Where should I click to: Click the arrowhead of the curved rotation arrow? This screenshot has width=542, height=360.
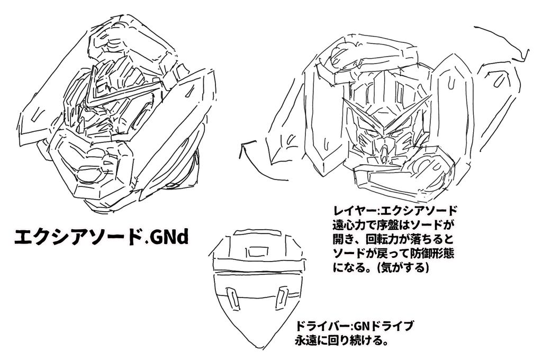pyautogui.click(x=245, y=146)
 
